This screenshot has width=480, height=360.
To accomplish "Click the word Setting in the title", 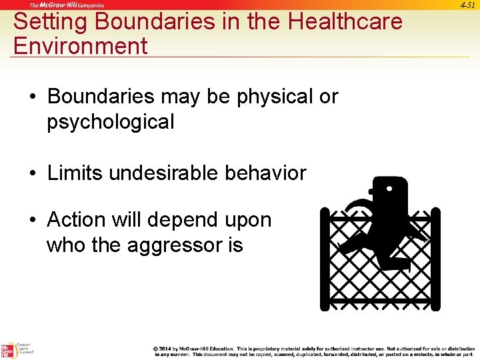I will point(51,21).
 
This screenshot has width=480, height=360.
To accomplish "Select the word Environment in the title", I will point(80,46).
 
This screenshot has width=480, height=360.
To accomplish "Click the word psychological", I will point(111,121).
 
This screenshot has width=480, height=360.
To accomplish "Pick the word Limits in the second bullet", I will point(75,173).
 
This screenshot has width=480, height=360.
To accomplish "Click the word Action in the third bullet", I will point(77,220).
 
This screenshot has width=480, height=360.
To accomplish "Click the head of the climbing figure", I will point(389,193).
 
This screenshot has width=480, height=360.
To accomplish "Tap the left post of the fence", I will point(325,260).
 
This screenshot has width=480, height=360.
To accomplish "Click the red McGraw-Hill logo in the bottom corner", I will point(8,350).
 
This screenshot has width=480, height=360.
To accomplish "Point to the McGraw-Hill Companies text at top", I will point(67,5).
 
